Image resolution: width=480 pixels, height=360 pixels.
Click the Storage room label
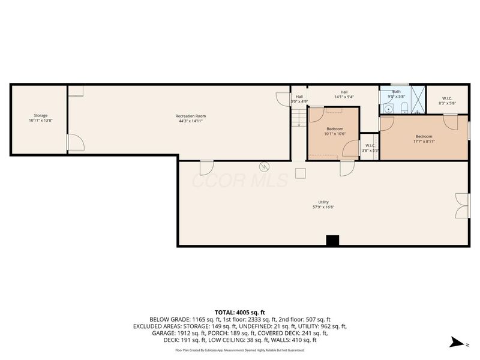40,115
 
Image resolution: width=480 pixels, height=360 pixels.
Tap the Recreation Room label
190,116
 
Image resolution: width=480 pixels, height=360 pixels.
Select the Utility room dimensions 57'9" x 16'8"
323,207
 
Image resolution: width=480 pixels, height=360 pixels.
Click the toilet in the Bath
404,108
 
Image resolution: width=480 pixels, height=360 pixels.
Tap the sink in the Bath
389,109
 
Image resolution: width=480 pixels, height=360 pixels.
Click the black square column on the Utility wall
332,240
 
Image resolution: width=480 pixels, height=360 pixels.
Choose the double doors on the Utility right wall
461,206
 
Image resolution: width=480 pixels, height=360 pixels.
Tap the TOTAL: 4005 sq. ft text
240,312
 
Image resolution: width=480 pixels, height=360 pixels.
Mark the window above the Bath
400,85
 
